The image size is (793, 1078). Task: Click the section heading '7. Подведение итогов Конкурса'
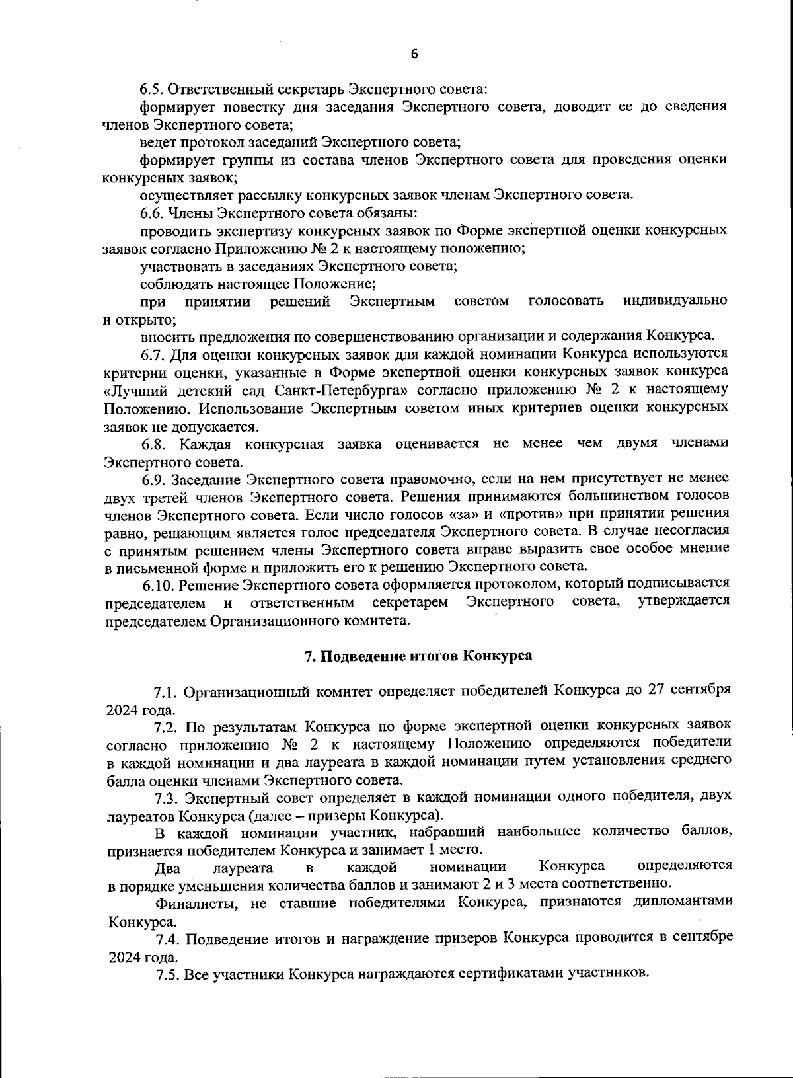click(x=418, y=656)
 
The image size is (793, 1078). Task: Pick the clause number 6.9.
click(x=151, y=478)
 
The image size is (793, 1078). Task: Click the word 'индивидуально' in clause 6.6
click(x=676, y=301)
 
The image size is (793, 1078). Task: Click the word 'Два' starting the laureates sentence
click(x=167, y=866)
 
